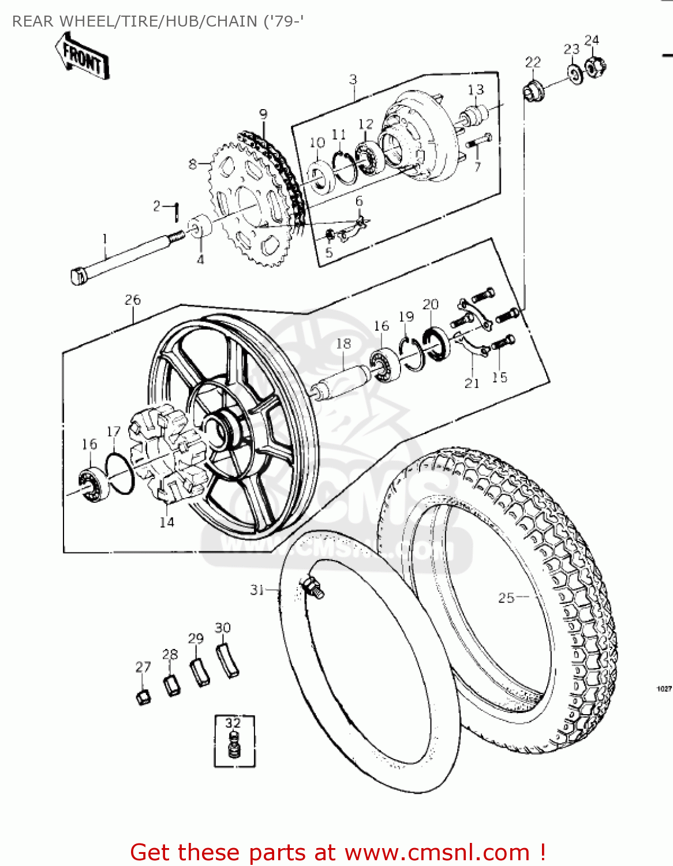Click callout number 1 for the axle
pos(104,238)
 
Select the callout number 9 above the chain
pos(263,114)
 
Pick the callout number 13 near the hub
pos(476,90)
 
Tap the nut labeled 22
pos(533,90)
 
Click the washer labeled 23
pos(575,74)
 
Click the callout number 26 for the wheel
pos(132,300)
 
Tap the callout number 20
pos(431,305)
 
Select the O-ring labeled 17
pos(120,474)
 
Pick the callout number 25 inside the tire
pos(506,598)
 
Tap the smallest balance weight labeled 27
pos(143,696)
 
